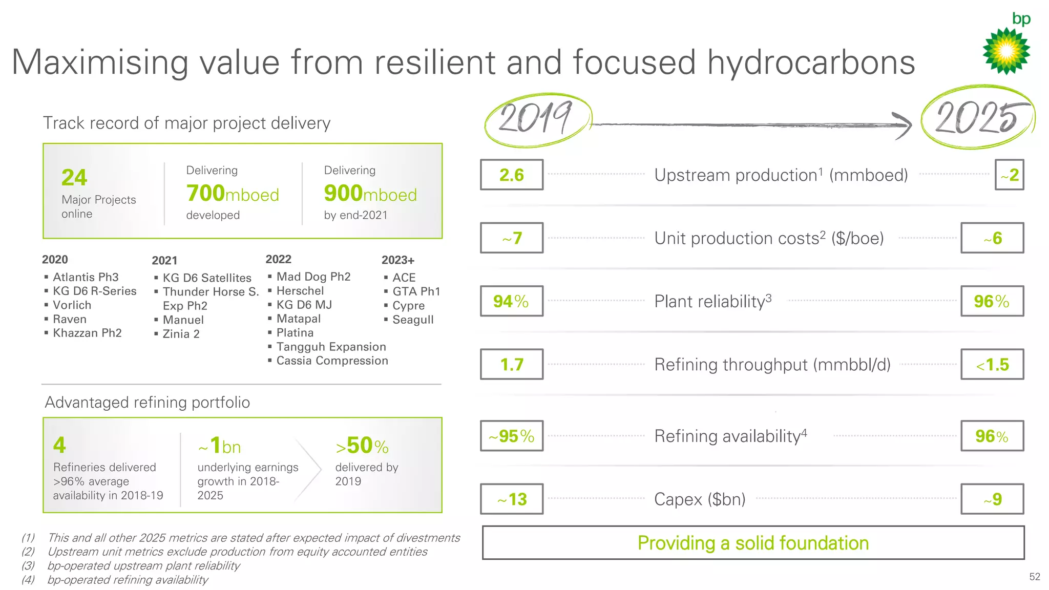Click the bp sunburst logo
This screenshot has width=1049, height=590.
tap(1006, 51)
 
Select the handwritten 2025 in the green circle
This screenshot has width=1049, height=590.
tap(977, 117)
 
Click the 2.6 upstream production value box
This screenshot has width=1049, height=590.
tap(511, 175)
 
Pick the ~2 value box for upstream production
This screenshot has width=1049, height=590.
tap(1009, 175)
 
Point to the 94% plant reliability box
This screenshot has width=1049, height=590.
tap(511, 301)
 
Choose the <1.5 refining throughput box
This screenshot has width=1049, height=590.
tap(992, 365)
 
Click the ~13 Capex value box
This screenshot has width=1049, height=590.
tap(511, 499)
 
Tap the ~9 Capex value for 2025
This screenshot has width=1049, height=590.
tap(992, 499)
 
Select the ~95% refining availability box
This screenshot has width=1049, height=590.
tap(511, 436)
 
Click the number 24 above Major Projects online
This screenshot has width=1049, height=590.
tap(74, 178)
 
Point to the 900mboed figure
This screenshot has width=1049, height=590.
tap(370, 194)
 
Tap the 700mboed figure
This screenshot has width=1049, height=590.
tap(233, 194)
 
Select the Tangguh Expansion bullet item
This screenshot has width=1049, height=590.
tap(331, 347)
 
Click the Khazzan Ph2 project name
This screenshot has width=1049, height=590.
tap(87, 333)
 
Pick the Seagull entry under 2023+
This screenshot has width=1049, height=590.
tap(413, 320)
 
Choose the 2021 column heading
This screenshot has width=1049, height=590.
tap(164, 261)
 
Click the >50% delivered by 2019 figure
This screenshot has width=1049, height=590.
tap(362, 446)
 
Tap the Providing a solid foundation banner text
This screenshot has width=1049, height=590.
tap(753, 543)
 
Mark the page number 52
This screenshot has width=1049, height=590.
tap(1035, 577)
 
